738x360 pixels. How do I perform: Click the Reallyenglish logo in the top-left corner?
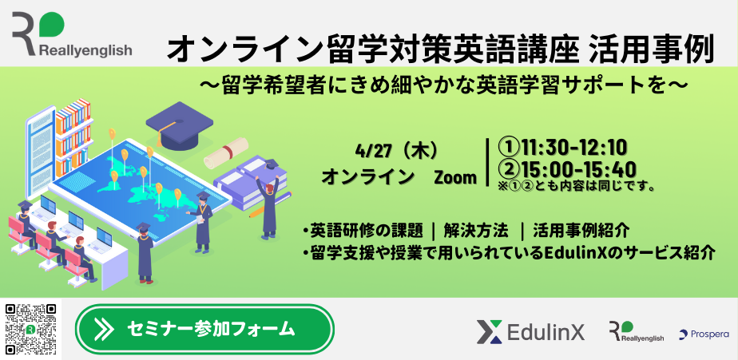point(72,34)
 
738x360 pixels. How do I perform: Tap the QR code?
point(31,329)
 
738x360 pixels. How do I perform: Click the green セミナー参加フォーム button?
point(204,329)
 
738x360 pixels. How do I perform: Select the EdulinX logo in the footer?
point(530,332)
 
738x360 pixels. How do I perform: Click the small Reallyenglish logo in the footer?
point(636,331)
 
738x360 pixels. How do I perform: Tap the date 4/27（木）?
point(397,152)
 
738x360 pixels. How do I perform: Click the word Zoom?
point(455,178)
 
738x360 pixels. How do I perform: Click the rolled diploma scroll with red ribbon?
point(226,153)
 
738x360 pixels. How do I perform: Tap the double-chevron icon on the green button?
point(104,329)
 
